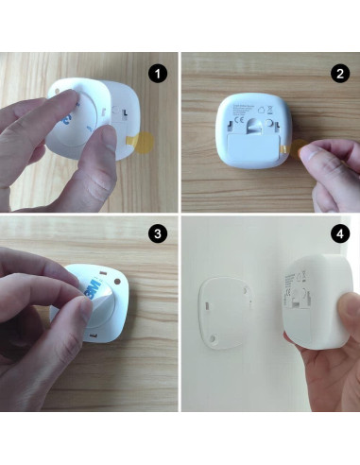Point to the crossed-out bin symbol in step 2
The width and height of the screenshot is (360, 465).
[271, 120]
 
